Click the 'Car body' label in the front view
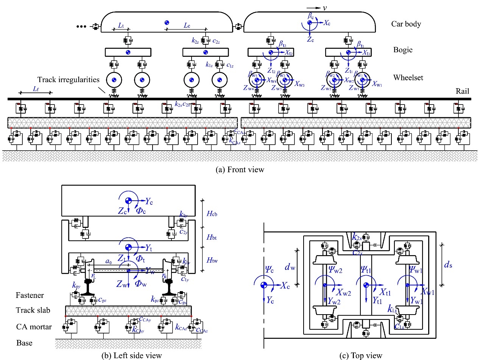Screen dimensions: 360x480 (406, 24)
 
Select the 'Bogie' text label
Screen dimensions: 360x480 (402, 50)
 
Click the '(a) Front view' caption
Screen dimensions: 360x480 (240, 170)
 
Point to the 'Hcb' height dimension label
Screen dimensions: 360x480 (212, 213)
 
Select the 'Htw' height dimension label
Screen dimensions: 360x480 (212, 260)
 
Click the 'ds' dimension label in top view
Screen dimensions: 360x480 (449, 265)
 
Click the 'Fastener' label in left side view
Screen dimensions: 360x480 (30, 295)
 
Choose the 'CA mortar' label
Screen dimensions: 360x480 (33, 326)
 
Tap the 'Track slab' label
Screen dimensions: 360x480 (33, 310)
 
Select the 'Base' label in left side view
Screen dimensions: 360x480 (24, 343)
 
